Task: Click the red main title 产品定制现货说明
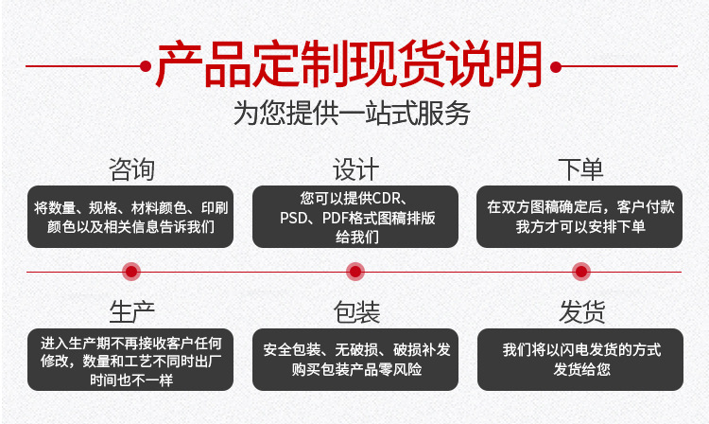click(x=349, y=63)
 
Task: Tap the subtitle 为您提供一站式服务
click(x=352, y=114)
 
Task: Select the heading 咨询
click(x=131, y=169)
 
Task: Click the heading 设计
click(x=355, y=169)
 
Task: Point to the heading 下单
click(x=580, y=169)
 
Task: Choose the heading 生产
click(x=131, y=312)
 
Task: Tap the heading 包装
click(x=356, y=312)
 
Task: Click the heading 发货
click(x=581, y=312)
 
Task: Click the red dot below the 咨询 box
click(x=131, y=272)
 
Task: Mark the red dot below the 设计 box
click(x=355, y=272)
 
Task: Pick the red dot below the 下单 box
click(x=581, y=272)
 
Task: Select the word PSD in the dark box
click(x=293, y=218)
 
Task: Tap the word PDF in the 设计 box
click(x=335, y=218)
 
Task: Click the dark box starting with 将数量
click(x=130, y=217)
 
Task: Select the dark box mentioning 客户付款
click(x=579, y=217)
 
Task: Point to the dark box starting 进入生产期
click(x=130, y=360)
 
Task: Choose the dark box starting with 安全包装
click(x=354, y=360)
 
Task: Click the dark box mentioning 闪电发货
click(x=580, y=360)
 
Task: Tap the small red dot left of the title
click(x=146, y=66)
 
